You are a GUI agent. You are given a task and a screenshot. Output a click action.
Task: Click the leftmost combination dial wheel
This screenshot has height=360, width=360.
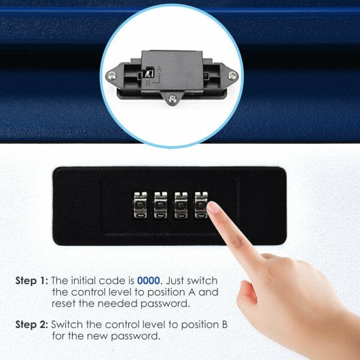coord(141,205)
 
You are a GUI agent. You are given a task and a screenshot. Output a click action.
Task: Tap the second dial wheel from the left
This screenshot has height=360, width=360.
coord(160,205)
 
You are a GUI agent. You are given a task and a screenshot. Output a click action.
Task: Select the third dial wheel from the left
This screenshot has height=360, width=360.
coord(181,205)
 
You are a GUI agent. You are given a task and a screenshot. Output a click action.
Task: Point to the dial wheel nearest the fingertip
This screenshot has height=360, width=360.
coord(201,205)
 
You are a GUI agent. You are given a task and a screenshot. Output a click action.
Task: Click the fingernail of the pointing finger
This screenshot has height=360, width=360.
coord(213,208)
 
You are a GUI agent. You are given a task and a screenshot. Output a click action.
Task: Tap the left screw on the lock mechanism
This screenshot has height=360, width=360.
coord(112,75)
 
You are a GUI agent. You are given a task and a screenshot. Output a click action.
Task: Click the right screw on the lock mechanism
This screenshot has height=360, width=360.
coord(232,75)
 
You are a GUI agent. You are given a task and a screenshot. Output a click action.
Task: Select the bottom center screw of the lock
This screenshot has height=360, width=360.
coord(173,99)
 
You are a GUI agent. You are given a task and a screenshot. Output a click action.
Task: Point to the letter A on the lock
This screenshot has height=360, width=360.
coord(160,69)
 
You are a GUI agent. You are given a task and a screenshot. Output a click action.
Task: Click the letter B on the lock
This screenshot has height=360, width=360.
coord(148,83)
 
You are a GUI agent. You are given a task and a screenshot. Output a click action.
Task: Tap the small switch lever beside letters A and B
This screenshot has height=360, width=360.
coord(147,73)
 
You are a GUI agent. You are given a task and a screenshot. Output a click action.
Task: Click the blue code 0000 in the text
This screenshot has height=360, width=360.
coord(148,281)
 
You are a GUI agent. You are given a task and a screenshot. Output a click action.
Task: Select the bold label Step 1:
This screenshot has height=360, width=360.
coord(32,281)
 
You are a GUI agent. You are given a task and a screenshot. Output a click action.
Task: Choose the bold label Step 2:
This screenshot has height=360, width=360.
coord(32,325)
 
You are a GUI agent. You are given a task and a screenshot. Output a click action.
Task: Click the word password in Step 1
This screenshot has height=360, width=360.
coord(165,304)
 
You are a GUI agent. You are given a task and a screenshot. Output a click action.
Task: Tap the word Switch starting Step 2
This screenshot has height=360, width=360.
coord(67,325)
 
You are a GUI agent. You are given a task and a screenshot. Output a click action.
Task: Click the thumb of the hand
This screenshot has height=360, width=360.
coord(247,296)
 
